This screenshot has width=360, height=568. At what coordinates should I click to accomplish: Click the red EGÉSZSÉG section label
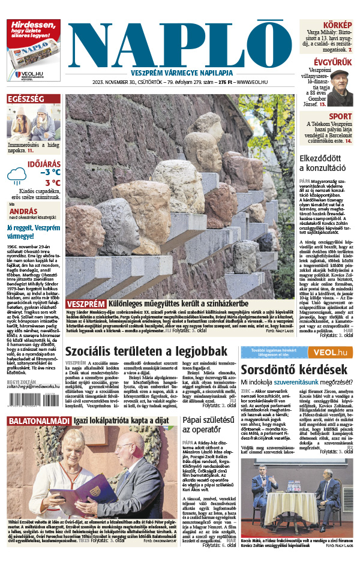pos(25,99)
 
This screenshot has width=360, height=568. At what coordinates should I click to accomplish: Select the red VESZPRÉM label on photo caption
pos(86,304)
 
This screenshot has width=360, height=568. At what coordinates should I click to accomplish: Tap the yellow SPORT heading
pos(341,116)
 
